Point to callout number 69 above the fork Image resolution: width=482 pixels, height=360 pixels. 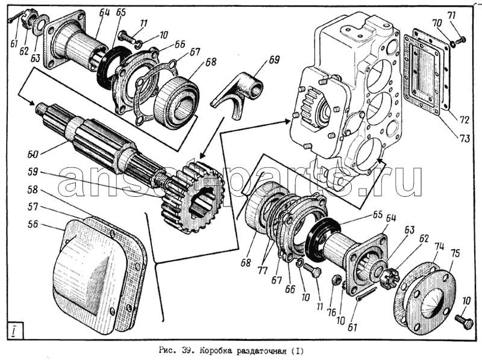click(274, 60)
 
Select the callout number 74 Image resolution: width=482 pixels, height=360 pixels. click(439, 246)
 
